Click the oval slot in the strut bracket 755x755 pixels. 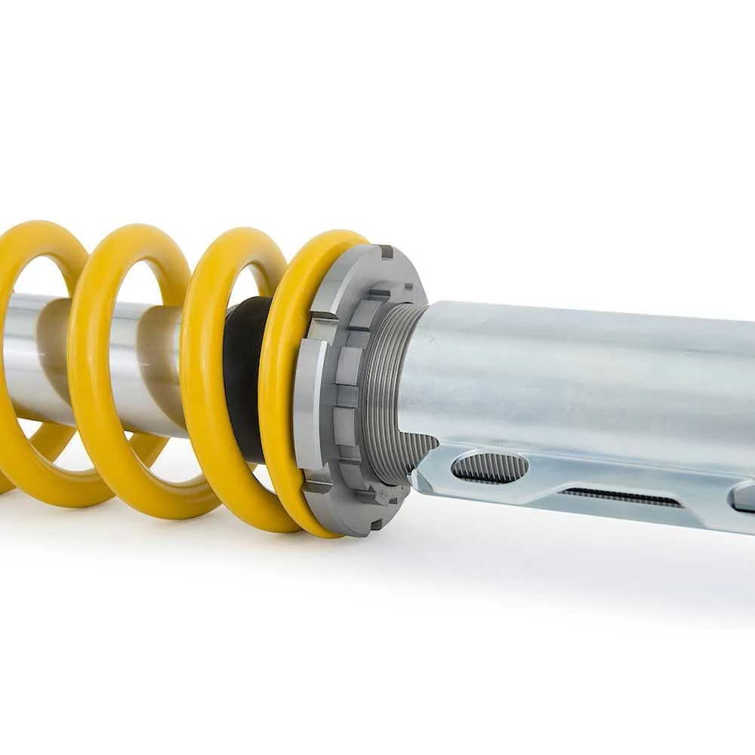(489, 467)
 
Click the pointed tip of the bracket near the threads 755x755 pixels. (416, 479)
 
